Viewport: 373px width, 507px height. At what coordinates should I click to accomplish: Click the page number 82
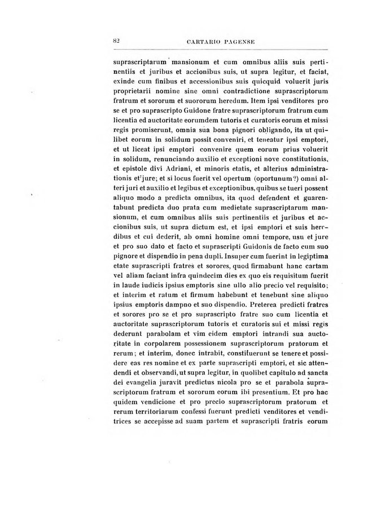(x=117, y=41)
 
